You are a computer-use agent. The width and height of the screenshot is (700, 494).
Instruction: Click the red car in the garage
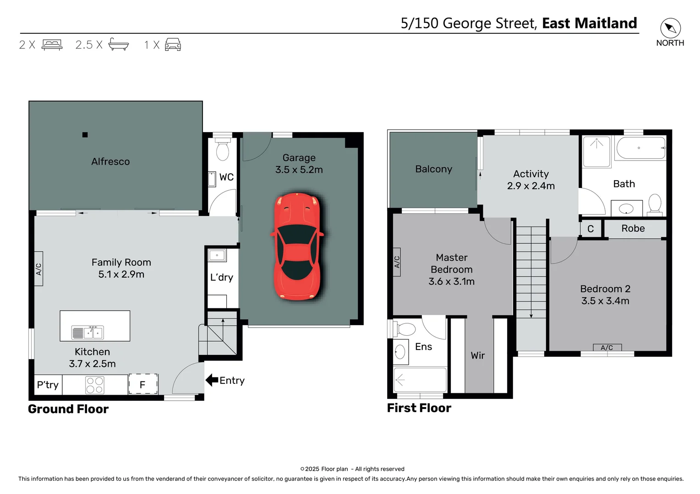[x=298, y=246]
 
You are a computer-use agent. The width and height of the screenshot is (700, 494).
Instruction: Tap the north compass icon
[x=670, y=28]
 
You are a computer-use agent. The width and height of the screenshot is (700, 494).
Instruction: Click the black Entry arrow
[x=212, y=380]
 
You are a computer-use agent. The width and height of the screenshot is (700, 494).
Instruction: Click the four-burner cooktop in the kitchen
[x=94, y=385]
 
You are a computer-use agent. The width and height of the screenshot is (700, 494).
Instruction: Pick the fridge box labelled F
[x=142, y=384]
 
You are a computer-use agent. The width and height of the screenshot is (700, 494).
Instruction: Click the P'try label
[x=48, y=385]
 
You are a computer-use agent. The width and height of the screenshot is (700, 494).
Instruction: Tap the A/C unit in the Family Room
[x=39, y=269]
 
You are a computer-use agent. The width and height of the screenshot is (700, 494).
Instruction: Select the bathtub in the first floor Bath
[x=640, y=148]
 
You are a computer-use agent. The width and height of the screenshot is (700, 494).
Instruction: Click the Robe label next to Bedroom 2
[x=633, y=228]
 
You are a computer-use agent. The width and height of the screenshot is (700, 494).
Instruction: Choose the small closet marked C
[x=591, y=229]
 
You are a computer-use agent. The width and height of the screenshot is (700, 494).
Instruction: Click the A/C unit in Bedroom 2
[x=607, y=348]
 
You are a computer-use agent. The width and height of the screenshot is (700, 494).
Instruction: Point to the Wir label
[x=477, y=355]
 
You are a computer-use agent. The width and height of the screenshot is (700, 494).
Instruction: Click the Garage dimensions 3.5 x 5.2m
[x=299, y=170]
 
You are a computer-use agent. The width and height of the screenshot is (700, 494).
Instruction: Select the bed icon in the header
[x=52, y=45]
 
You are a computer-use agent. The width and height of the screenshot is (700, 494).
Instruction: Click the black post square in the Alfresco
[x=85, y=134]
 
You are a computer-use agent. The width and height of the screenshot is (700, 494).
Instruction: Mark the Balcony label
[x=433, y=169]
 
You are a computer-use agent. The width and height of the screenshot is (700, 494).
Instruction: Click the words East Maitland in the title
[x=589, y=23]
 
